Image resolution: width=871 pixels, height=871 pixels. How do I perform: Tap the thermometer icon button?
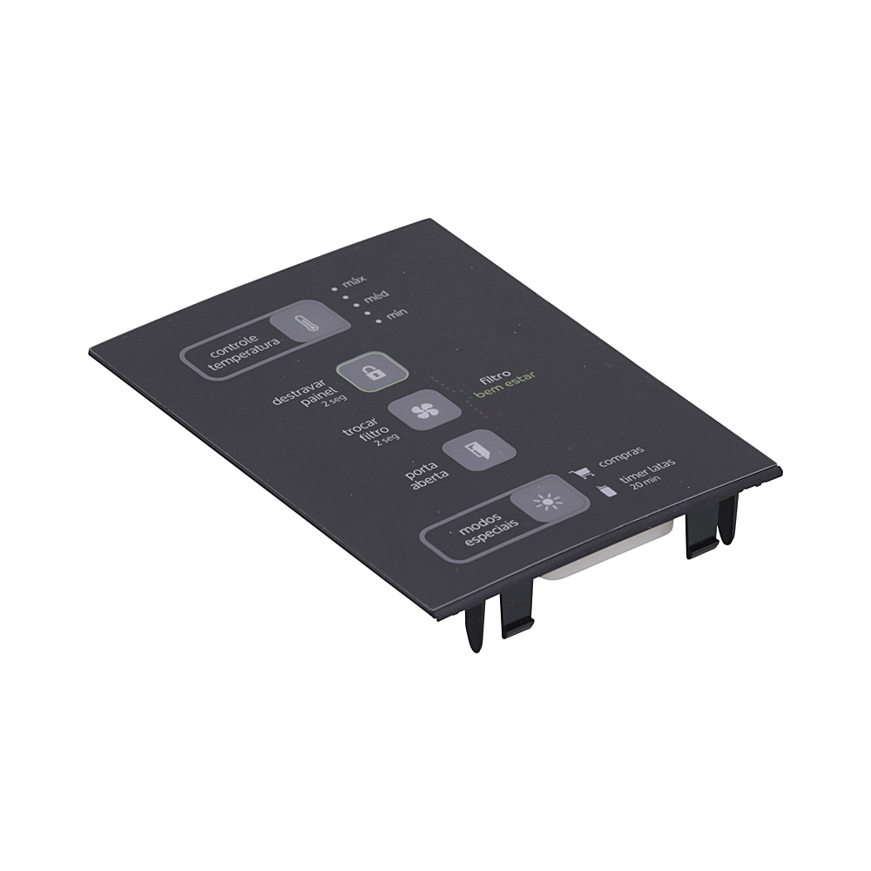[x=310, y=324]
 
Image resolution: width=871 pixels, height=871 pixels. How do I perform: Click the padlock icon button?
[x=373, y=372]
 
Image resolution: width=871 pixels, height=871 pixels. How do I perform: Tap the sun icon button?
[x=550, y=501]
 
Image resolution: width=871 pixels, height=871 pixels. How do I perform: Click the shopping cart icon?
[x=582, y=473]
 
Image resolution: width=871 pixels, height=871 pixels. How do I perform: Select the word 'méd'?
[x=376, y=297]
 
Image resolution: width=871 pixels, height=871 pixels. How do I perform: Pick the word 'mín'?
[x=396, y=314]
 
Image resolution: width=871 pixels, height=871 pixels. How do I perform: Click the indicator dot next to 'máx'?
[x=335, y=289]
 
